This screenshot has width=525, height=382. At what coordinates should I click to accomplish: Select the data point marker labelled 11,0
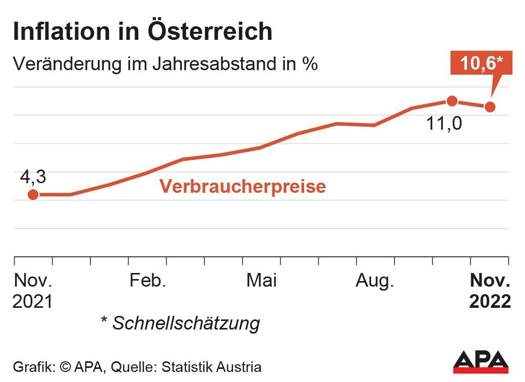(x=452, y=101)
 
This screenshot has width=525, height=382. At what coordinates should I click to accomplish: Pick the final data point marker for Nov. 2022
(x=489, y=106)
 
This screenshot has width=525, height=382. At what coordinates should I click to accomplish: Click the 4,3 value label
(x=33, y=178)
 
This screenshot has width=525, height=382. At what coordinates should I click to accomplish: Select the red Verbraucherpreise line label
(x=243, y=186)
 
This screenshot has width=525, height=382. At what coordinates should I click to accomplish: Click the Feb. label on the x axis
(x=148, y=281)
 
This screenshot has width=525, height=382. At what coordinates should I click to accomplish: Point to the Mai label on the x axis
(x=261, y=281)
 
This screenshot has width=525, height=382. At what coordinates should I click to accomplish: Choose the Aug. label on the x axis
(x=375, y=281)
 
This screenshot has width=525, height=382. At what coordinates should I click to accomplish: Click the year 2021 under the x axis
(x=33, y=302)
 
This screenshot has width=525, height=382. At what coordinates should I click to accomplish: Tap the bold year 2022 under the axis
(x=490, y=302)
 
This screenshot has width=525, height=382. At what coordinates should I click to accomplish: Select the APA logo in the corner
(x=480, y=362)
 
